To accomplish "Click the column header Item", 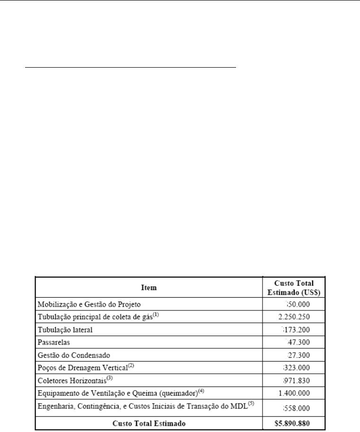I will pos(148,287).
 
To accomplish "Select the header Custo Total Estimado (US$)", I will pos(294,287).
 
